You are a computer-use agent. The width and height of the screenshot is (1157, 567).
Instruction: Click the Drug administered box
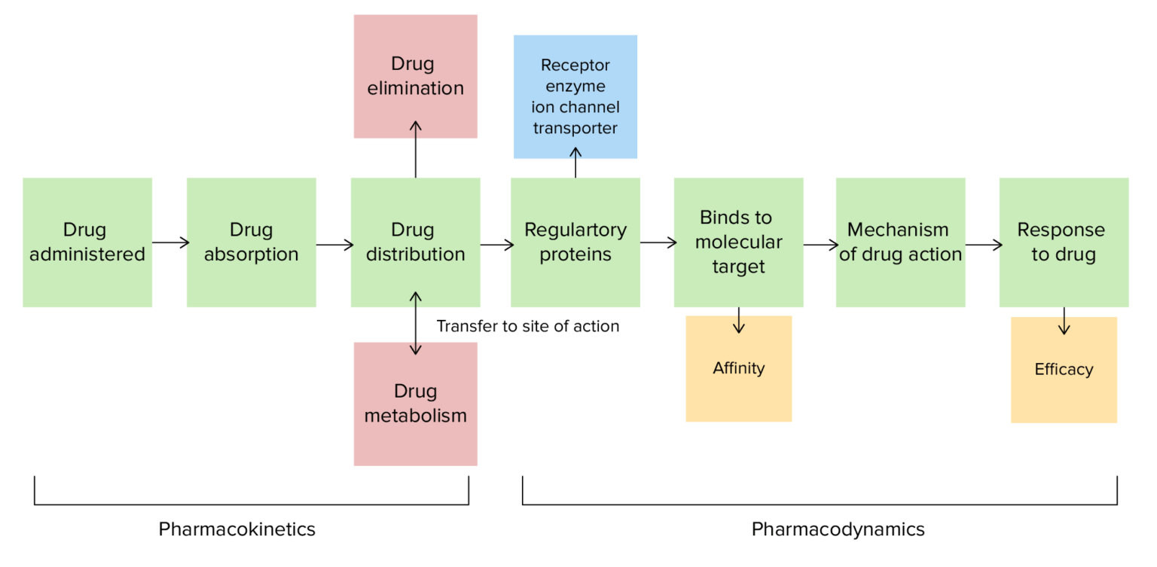87,242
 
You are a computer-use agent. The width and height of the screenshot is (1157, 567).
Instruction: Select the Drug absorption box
251,242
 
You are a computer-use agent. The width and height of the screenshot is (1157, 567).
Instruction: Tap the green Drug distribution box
415,242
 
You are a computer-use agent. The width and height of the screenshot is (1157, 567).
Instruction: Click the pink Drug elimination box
415,76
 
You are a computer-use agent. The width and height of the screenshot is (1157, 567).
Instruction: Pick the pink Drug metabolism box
415,404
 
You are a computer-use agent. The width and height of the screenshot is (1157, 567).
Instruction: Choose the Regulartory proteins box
575,242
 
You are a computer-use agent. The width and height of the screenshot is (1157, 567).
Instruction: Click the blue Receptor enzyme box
575,96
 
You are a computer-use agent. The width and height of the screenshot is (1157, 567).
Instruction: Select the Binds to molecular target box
738,242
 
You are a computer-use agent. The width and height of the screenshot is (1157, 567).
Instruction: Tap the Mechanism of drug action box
900,242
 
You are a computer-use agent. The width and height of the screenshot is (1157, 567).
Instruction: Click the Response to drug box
1064,242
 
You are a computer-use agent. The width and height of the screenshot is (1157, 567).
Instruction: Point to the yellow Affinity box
738,368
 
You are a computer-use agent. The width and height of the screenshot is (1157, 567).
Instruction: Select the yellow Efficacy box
1064,370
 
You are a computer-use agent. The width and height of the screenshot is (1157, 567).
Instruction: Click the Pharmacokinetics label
237,529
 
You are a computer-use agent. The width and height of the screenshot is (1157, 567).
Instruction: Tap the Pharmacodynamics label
838,529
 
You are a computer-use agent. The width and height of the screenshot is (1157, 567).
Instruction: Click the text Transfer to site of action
527,326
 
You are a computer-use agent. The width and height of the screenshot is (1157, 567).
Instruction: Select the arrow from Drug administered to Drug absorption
170,242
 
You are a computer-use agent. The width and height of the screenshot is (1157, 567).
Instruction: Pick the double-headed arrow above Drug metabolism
415,324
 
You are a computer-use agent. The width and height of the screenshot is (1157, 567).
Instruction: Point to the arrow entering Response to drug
983,245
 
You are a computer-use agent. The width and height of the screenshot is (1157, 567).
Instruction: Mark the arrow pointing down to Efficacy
1064,320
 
